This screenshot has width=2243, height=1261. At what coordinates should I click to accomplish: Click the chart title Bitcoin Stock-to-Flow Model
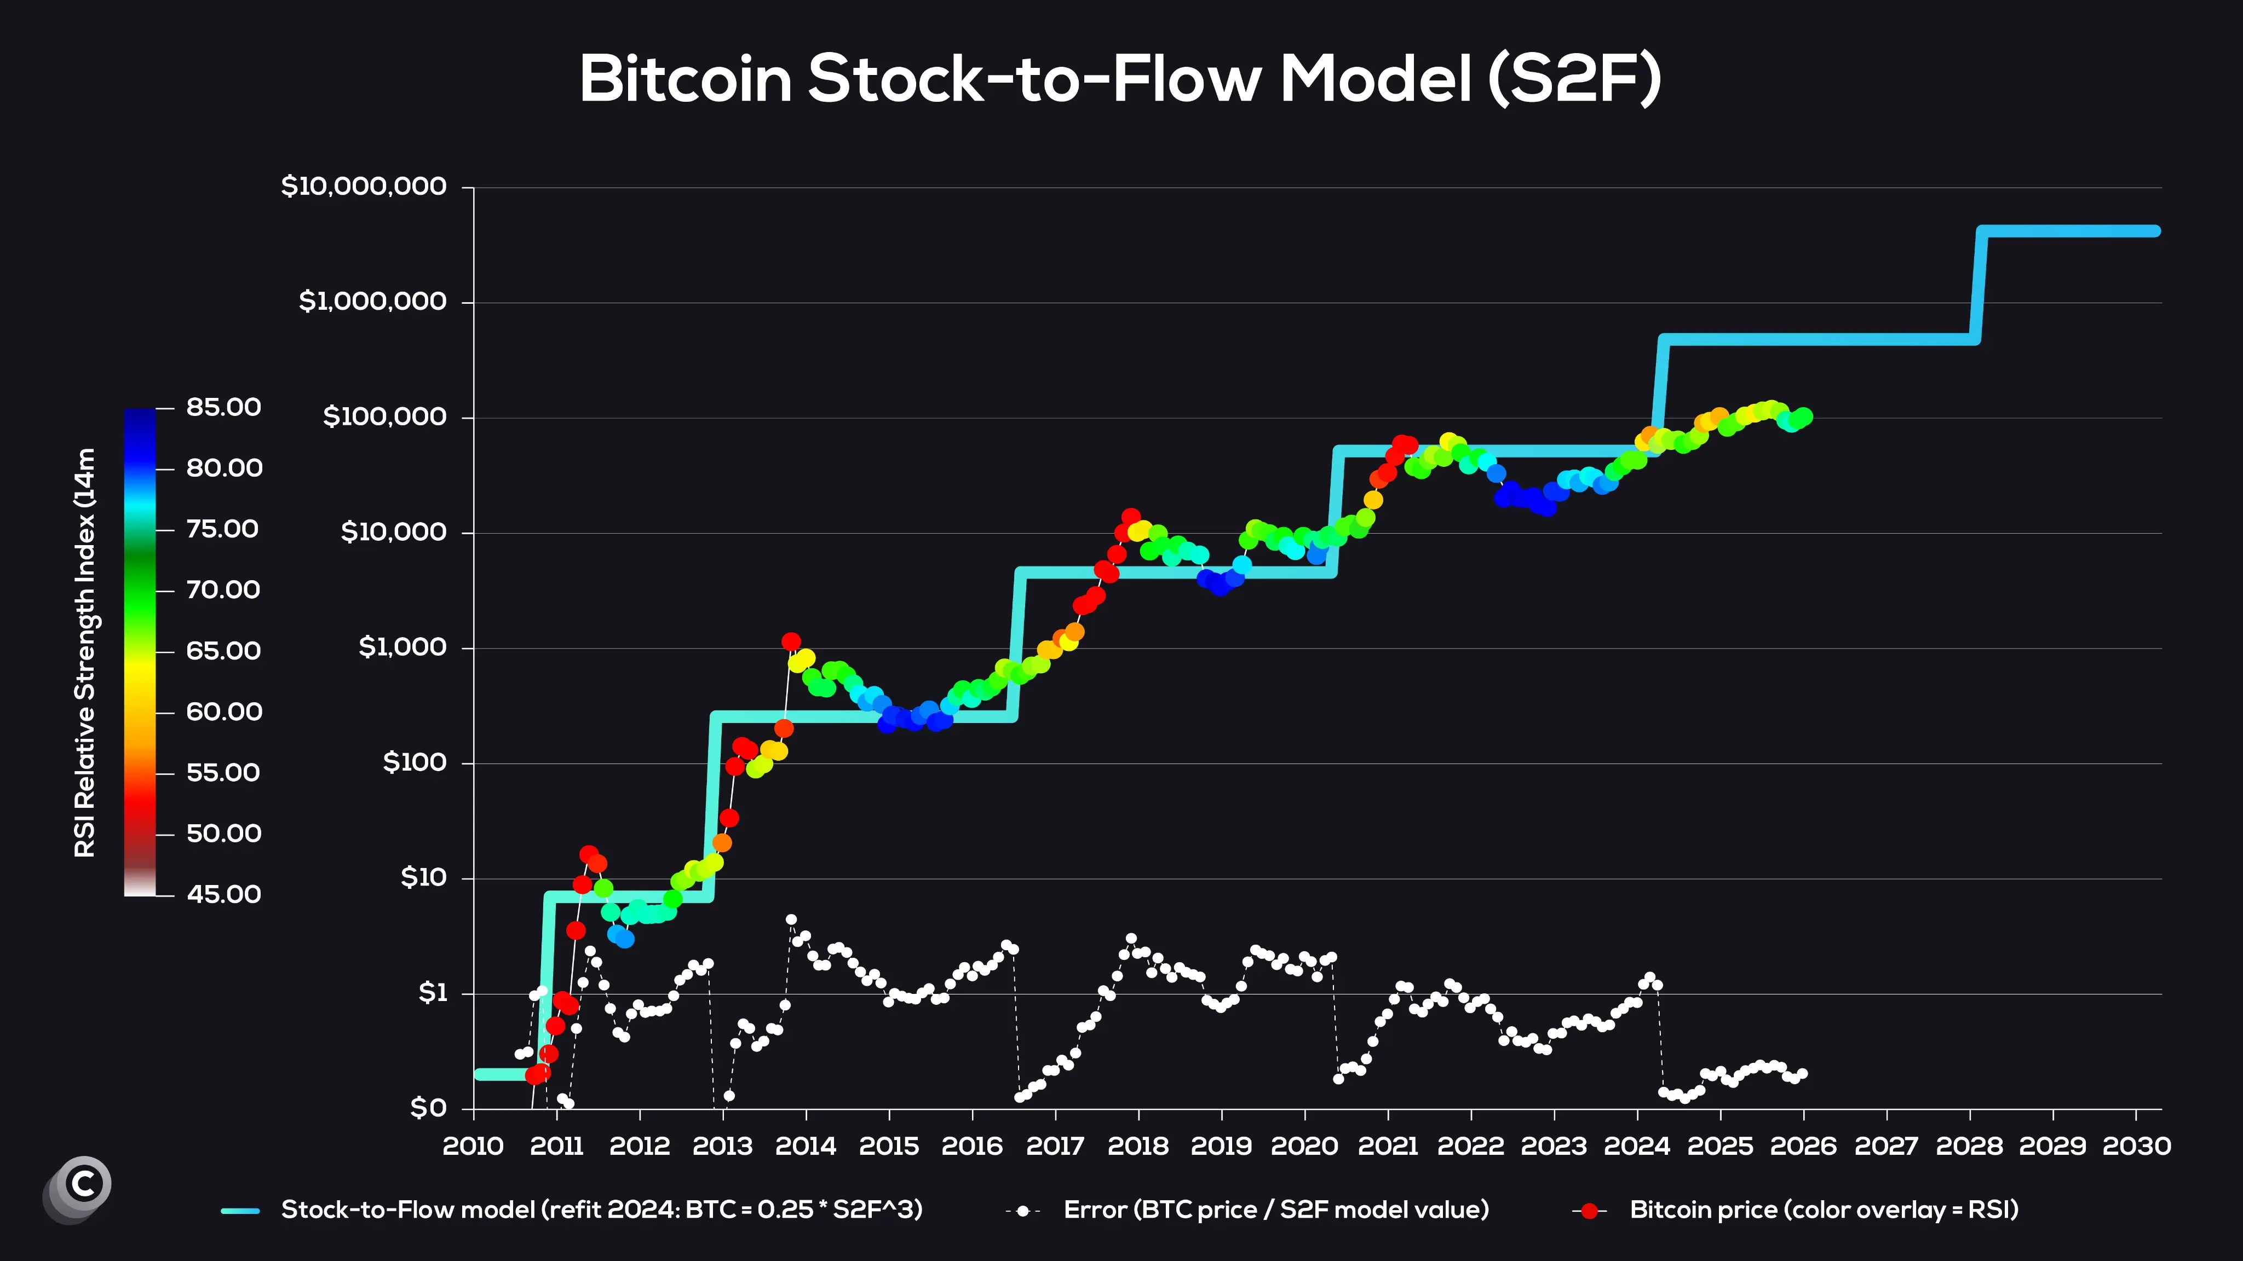pyautogui.click(x=1120, y=79)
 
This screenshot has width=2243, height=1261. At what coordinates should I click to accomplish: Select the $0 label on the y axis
pyautogui.click(x=428, y=1108)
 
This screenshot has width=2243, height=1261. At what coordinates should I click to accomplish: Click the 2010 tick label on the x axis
pyautogui.click(x=473, y=1146)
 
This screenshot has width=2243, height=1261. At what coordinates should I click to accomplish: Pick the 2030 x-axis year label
pyautogui.click(x=2136, y=1146)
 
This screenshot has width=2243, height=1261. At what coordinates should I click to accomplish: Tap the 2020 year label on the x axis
pyautogui.click(x=1304, y=1146)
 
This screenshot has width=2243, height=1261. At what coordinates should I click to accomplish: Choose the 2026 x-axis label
pyautogui.click(x=1803, y=1146)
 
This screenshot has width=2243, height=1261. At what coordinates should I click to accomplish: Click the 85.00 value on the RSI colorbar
pyautogui.click(x=223, y=407)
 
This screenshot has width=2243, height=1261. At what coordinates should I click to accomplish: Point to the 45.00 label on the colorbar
pyautogui.click(x=223, y=894)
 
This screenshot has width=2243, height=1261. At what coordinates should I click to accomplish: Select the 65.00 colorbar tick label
pyautogui.click(x=223, y=651)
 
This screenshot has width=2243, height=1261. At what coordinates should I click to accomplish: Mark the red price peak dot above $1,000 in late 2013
pyautogui.click(x=791, y=641)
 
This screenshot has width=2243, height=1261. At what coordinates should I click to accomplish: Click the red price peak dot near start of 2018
pyautogui.click(x=1130, y=517)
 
